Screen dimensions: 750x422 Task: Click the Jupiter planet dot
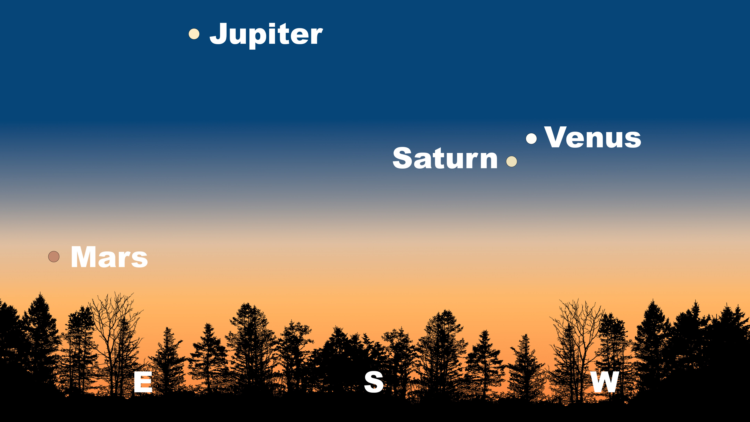pyautogui.click(x=194, y=34)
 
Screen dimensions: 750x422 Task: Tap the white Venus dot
pyautogui.click(x=531, y=139)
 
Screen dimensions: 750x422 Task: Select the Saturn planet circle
pyautogui.click(x=512, y=161)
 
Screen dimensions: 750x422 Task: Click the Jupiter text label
pyautogui.click(x=266, y=35)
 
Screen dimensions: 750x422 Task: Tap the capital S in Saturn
pyautogui.click(x=402, y=158)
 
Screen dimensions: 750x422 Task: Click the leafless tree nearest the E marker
pyautogui.click(x=115, y=344)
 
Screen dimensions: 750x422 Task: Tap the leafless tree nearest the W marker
pyautogui.click(x=578, y=350)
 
